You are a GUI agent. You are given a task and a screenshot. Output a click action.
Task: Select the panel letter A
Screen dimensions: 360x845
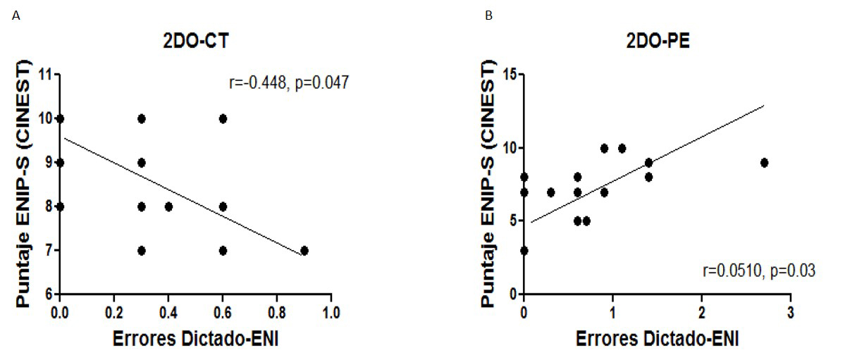(16, 15)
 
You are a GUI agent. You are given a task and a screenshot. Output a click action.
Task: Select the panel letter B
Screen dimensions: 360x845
(488, 15)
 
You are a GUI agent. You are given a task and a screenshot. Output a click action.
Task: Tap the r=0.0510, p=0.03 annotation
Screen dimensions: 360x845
(759, 270)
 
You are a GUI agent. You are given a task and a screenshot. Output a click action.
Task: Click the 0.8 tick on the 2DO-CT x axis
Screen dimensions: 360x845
(277, 311)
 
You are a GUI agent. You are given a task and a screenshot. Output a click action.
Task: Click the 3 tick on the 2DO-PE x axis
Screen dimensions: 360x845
(790, 311)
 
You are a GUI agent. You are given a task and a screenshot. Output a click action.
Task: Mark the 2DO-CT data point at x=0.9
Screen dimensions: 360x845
(304, 250)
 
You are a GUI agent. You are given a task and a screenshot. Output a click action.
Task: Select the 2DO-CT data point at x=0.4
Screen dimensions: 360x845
(168, 206)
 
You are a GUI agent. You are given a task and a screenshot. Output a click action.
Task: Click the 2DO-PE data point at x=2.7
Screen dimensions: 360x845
(764, 163)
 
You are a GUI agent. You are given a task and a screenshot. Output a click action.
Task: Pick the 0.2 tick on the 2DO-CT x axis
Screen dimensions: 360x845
(114, 311)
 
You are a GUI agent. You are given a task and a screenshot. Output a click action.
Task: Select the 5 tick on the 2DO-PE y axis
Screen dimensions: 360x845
(512, 221)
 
